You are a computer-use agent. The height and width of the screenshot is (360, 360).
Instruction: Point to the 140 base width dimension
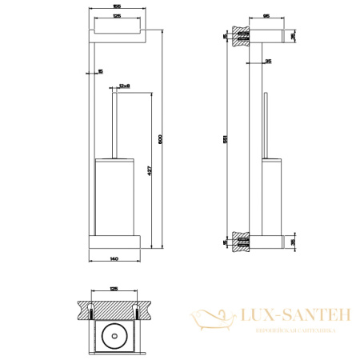click(x=116, y=260)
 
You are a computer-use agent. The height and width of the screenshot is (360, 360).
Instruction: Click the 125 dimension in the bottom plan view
click(x=114, y=290)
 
